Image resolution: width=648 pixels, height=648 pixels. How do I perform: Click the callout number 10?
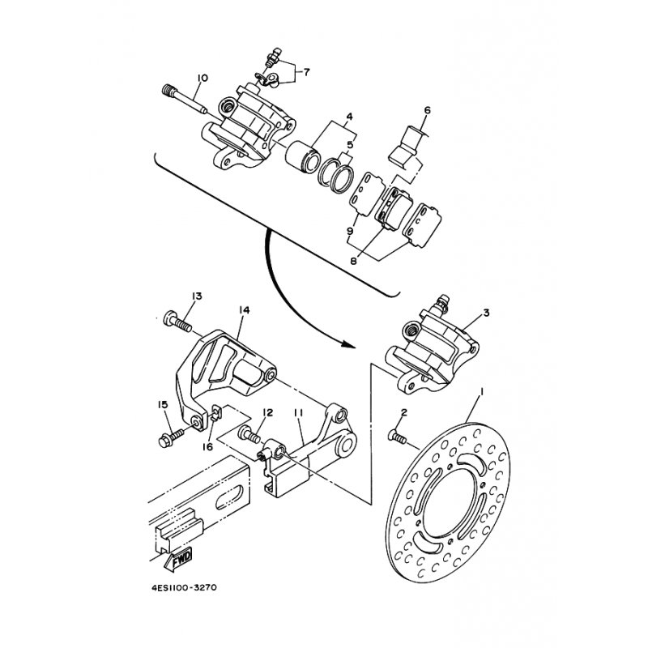tap(202, 78)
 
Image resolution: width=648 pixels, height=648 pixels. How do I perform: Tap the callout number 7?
tap(306, 72)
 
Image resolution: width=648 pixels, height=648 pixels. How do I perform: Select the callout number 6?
tap(427, 110)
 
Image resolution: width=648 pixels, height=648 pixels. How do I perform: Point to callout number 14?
tap(245, 309)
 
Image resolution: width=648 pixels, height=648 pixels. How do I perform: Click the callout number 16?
tap(207, 447)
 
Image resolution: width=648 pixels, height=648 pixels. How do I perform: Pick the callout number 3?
tap(486, 313)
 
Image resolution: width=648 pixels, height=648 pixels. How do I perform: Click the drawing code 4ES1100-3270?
tap(184, 587)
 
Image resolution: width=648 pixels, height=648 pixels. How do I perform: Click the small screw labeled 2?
tap(398, 437)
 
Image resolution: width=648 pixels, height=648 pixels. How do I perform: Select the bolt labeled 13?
tap(177, 321)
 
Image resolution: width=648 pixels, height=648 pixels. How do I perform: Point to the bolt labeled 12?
tap(249, 434)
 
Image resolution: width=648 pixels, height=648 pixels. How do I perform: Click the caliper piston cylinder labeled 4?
tap(303, 157)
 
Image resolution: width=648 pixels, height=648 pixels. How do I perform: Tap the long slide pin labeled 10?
tap(185, 99)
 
